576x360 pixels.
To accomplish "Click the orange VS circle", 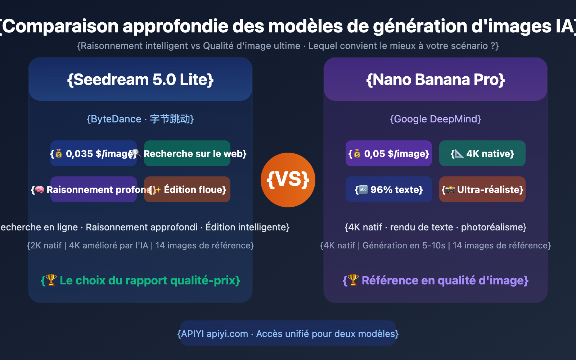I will pos(288,180).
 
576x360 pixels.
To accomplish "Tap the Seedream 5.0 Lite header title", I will pos(140,80).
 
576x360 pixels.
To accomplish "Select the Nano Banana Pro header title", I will pos(436,80).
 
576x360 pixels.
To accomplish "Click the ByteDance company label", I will pos(140,119).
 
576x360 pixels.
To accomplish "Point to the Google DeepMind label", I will pos(436,119).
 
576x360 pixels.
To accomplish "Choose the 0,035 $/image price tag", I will pos(93,154).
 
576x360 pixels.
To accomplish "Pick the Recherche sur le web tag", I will pos(187,154).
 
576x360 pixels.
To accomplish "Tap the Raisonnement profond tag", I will pos(94,190).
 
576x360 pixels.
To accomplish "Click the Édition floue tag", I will pos(187,190).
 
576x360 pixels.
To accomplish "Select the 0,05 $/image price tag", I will pos(389,154).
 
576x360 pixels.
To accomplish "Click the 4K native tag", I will pos(482,154).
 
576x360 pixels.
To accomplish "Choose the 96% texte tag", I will pos(389,190).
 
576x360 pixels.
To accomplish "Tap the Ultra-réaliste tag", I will pos(482,190).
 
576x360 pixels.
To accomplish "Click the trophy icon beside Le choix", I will pos(51,280).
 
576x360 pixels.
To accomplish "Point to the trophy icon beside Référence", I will pos(353,280).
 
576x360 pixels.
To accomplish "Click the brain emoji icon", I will pos(40,190).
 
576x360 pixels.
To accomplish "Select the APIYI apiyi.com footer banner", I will pos(288,334).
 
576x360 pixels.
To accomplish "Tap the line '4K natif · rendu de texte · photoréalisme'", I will pos(436,227).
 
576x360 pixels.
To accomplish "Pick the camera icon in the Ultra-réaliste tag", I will pos(450,190).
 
